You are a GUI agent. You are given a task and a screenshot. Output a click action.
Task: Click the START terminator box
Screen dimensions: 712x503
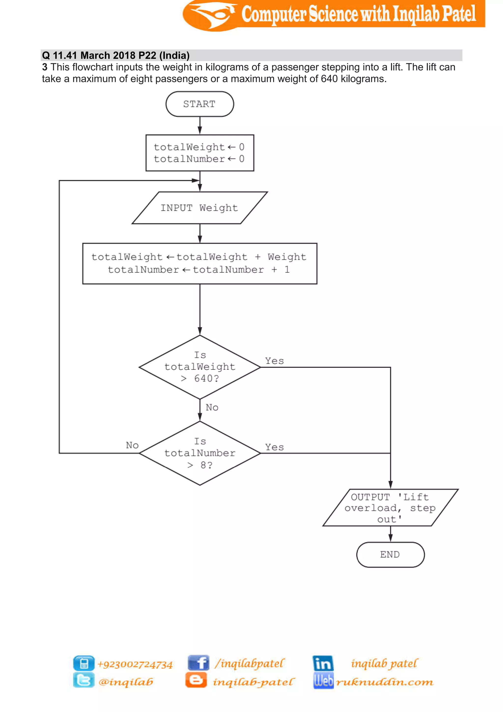coord(199,104)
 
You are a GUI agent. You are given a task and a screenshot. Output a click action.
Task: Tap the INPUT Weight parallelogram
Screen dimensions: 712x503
coord(199,208)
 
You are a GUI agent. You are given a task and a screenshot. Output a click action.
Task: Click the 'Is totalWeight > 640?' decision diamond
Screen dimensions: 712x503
coord(200,367)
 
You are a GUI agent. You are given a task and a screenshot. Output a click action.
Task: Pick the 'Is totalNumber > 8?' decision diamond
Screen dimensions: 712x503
coord(200,453)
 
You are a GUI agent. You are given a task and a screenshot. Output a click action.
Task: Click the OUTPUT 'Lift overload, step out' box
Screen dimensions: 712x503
coord(390,508)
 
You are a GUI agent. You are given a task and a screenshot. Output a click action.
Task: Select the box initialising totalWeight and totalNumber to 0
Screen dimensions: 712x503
coord(200,153)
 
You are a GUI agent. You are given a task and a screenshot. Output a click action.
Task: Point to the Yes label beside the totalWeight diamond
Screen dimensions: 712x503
coord(274,361)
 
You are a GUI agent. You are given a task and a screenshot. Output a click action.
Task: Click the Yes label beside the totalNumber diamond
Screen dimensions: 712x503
coord(274,447)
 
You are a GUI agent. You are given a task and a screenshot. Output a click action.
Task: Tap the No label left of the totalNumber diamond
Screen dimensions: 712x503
coord(132,445)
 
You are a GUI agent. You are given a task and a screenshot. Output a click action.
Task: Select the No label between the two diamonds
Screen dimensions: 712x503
coord(212,407)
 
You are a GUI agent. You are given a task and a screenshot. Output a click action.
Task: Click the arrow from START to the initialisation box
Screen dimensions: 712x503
coord(200,126)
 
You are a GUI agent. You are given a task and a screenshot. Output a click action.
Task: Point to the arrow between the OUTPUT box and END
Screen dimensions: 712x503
coord(390,534)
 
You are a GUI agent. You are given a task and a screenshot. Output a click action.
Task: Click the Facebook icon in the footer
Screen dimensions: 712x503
coord(198,663)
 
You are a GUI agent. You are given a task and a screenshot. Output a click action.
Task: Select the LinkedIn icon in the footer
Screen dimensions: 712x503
coord(323,663)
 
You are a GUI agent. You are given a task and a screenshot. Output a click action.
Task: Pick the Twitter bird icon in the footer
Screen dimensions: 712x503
coord(84,680)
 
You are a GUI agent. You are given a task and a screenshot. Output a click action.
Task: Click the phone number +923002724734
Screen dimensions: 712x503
coord(135,664)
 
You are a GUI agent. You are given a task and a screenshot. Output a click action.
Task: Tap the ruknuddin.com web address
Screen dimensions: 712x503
coord(385,682)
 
